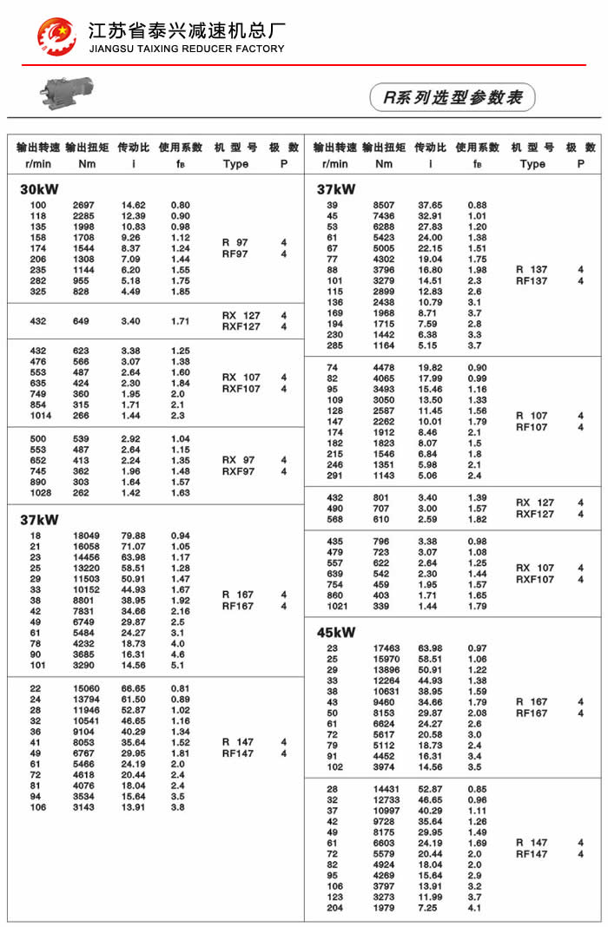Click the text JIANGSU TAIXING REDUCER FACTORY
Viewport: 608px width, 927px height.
pyautogui.click(x=186, y=49)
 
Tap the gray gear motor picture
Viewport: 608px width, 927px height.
pyautogui.click(x=66, y=89)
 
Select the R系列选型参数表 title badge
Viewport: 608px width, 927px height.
pyautogui.click(x=453, y=97)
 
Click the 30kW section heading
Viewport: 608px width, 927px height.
pyautogui.click(x=38, y=189)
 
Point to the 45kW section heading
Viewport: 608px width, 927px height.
pyautogui.click(x=336, y=632)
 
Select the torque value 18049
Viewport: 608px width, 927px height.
pyautogui.click(x=86, y=536)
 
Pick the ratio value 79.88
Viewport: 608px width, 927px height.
pyautogui.click(x=132, y=536)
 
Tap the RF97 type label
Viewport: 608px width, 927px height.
pyautogui.click(x=235, y=254)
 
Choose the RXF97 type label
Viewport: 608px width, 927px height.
pyautogui.click(x=241, y=471)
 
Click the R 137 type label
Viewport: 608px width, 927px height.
pyautogui.click(x=532, y=269)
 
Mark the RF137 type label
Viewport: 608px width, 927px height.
pyautogui.click(x=532, y=281)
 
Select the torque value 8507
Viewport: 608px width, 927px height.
pyautogui.click(x=382, y=205)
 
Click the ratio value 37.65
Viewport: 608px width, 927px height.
pyautogui.click(x=430, y=205)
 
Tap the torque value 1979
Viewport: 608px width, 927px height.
pyautogui.click(x=383, y=908)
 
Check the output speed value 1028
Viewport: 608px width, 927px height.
pyautogui.click(x=40, y=493)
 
